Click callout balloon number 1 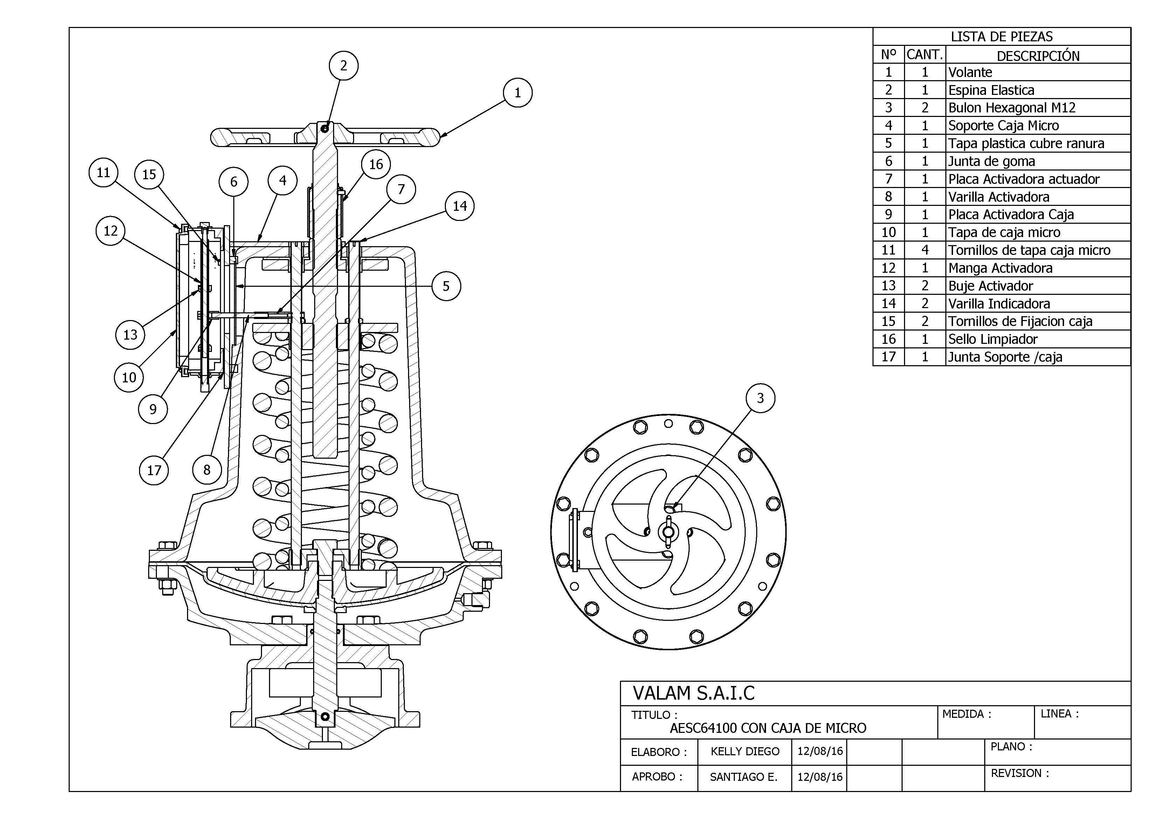click(517, 93)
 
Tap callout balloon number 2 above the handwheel click(344, 65)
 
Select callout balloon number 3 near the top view click(760, 398)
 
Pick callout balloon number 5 click(446, 286)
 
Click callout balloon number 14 click(459, 206)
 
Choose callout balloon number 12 click(111, 231)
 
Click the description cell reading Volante click(970, 72)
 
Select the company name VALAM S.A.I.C click(694, 693)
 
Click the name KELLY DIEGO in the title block click(745, 751)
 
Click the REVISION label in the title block click(1020, 773)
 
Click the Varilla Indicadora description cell click(999, 304)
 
